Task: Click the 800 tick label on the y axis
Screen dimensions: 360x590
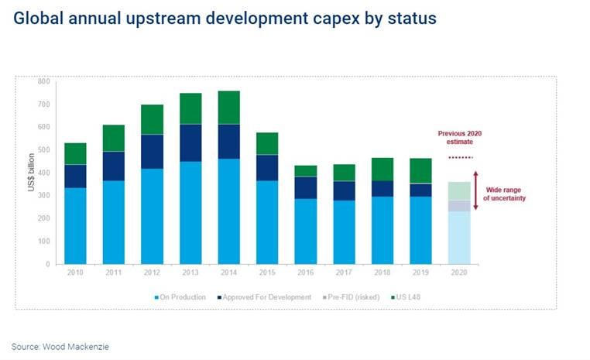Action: tap(43, 81)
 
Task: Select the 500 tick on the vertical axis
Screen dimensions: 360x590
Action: tap(43, 149)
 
